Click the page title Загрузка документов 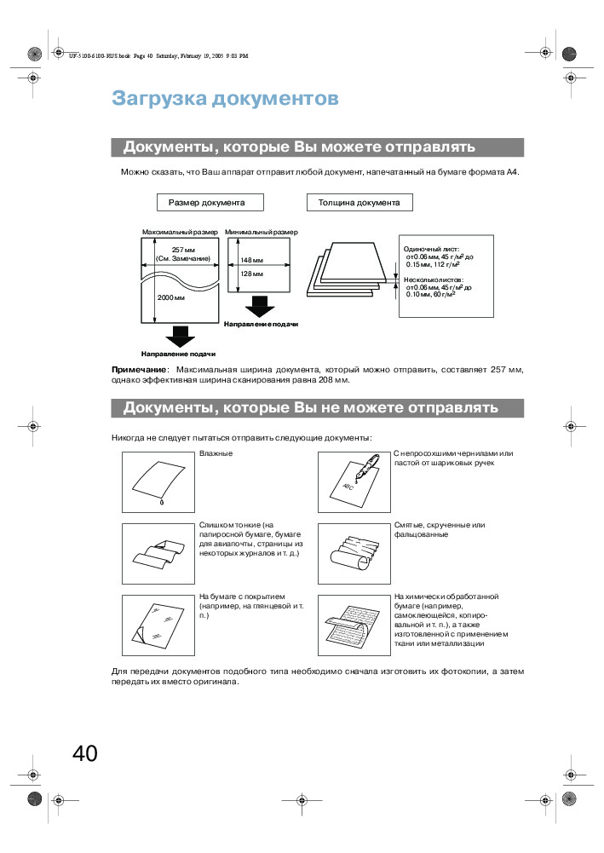coord(225,99)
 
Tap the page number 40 coord(85,753)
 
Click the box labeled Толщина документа coord(359,203)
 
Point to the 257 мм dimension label coord(183,249)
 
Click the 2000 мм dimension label coord(171,299)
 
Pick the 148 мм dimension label coord(251,260)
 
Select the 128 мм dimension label coord(251,274)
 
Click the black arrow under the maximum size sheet coord(180,336)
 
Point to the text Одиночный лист coord(431,248)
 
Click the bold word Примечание coord(140,370)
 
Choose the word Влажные coord(216,454)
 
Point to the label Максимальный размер coord(180,232)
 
